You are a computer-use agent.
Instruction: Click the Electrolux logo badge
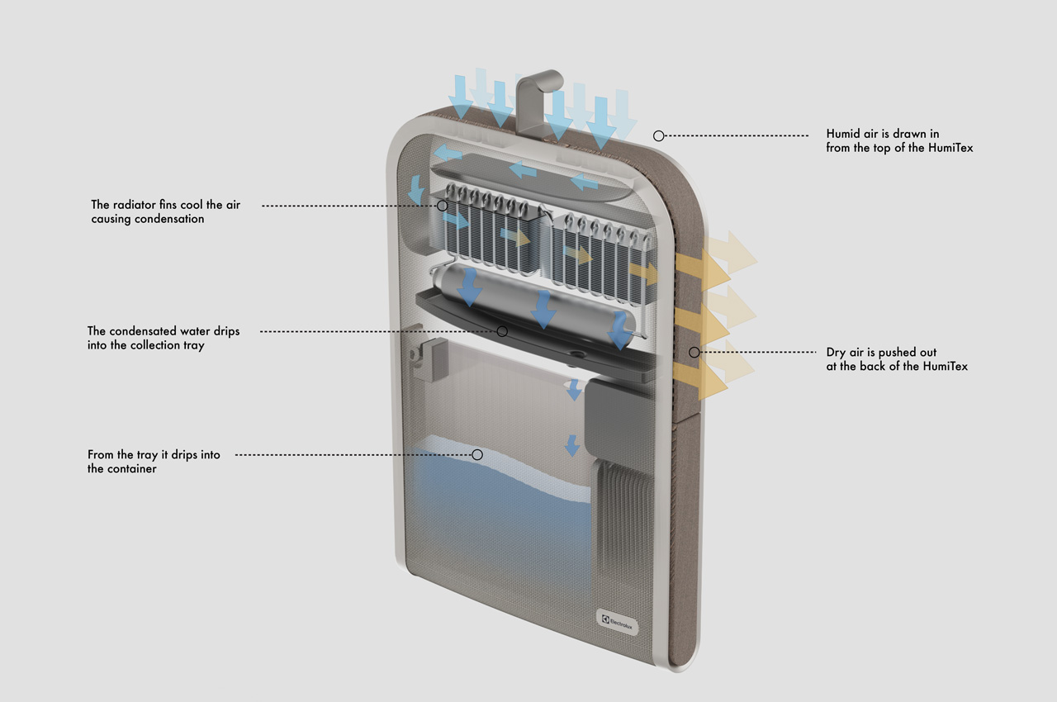[x=618, y=622]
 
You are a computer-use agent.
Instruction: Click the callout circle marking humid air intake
[x=659, y=135]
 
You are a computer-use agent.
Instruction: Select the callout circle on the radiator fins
[x=442, y=205]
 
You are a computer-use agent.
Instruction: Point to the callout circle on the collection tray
[x=502, y=331]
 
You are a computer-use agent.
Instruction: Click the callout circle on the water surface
[x=477, y=454]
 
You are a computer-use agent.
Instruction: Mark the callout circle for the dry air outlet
[x=694, y=353]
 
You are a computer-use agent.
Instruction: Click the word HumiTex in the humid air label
[x=951, y=148]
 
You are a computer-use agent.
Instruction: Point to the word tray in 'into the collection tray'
[x=192, y=345]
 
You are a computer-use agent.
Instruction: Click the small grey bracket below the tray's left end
[x=429, y=359]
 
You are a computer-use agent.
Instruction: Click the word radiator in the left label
[x=135, y=204]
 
